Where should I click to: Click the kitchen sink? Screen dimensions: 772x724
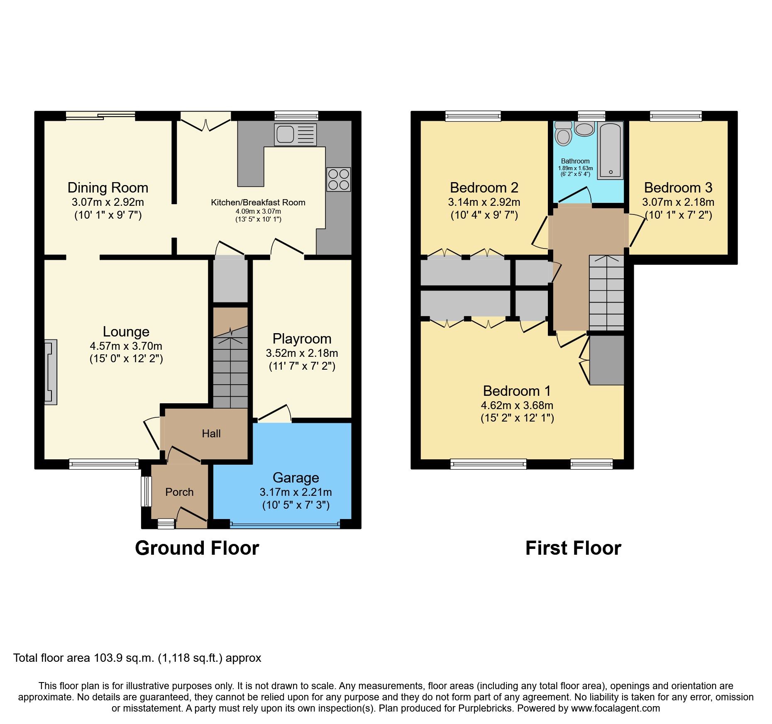[295, 134]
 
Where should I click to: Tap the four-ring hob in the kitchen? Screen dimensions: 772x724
[338, 179]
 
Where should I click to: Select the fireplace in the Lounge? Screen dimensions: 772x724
[51, 372]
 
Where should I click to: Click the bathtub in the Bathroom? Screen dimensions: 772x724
[610, 150]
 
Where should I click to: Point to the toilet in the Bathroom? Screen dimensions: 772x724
[563, 134]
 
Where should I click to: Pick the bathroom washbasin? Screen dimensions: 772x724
[584, 129]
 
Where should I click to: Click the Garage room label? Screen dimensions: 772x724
[296, 478]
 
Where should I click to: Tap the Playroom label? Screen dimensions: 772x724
[302, 339]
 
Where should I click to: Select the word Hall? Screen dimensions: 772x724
[211, 434]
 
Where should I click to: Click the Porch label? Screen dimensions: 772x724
[179, 492]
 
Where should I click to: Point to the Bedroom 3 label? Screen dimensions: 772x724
[678, 188]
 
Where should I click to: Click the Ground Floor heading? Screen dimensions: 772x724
[197, 548]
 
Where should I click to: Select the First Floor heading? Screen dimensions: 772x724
[573, 548]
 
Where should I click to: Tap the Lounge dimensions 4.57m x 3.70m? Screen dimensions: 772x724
[126, 346]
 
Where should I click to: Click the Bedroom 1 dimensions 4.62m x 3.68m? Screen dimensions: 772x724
[517, 405]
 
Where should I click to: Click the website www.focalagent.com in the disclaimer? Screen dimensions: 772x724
[615, 708]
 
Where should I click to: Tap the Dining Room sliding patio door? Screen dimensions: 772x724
[100, 116]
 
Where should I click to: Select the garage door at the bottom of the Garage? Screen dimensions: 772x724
[285, 525]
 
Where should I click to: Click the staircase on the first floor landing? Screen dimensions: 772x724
[606, 293]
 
